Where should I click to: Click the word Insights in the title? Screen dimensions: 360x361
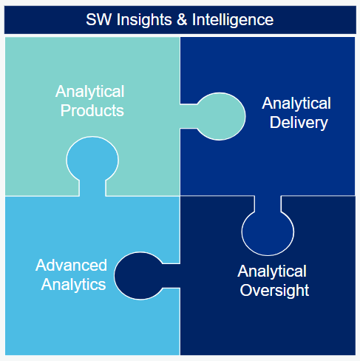pos(144,20)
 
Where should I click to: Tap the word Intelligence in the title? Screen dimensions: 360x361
pos(233,20)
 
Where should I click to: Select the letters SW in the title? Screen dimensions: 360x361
pos(98,19)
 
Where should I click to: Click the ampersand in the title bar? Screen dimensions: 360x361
pos(182,19)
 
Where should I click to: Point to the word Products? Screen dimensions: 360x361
pos(92,110)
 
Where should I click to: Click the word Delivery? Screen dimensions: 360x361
pos(299,123)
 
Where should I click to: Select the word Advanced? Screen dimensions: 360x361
pos(71,266)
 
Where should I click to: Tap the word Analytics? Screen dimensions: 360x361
pos(73,285)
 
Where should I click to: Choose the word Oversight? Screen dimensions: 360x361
pos(274,291)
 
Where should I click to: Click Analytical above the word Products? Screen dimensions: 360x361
pos(90,92)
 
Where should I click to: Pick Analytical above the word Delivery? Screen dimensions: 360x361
pos(296,104)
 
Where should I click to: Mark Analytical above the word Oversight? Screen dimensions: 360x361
pos(272,271)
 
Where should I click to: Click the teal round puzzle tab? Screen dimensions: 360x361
pos(219,116)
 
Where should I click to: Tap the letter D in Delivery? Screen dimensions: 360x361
pos(275,122)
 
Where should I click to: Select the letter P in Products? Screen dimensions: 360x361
pos(65,110)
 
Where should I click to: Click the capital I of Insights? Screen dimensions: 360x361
pos(118,19)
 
